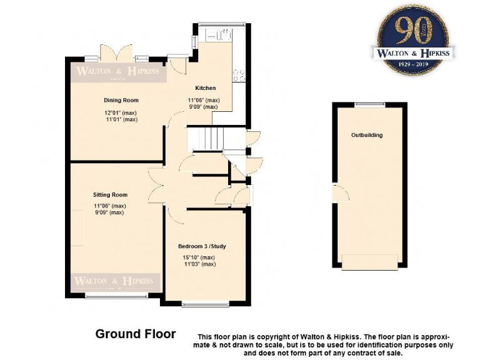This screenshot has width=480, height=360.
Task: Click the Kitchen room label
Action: tap(205, 88)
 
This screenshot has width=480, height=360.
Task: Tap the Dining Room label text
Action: tap(121, 100)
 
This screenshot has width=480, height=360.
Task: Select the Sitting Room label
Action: tap(111, 195)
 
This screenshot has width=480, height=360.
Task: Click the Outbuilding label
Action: tap(367, 135)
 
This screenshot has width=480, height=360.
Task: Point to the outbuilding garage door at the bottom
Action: tap(369, 262)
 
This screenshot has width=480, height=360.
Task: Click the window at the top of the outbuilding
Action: tap(369, 104)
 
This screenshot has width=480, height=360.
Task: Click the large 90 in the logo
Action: tap(413, 29)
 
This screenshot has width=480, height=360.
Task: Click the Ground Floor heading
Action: tap(135, 334)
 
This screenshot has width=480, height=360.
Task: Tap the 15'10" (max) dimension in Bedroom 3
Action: tap(199, 257)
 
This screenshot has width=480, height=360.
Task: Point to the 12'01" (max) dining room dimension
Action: tap(121, 113)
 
